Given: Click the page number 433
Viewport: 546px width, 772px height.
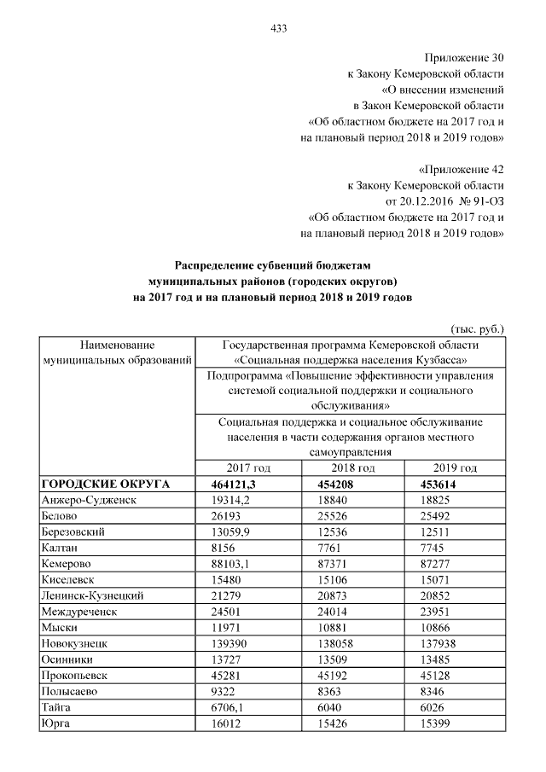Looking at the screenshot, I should point(277,28).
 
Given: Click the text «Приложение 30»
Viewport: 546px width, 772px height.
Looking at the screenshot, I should point(468,59).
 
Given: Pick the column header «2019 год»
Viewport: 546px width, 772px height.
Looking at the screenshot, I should point(456,468).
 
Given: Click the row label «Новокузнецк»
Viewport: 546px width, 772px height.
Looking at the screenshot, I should point(76,643).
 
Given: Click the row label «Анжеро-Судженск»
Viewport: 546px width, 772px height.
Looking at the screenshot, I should point(90,500).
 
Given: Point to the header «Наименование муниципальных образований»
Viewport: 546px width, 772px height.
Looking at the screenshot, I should point(116,353).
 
